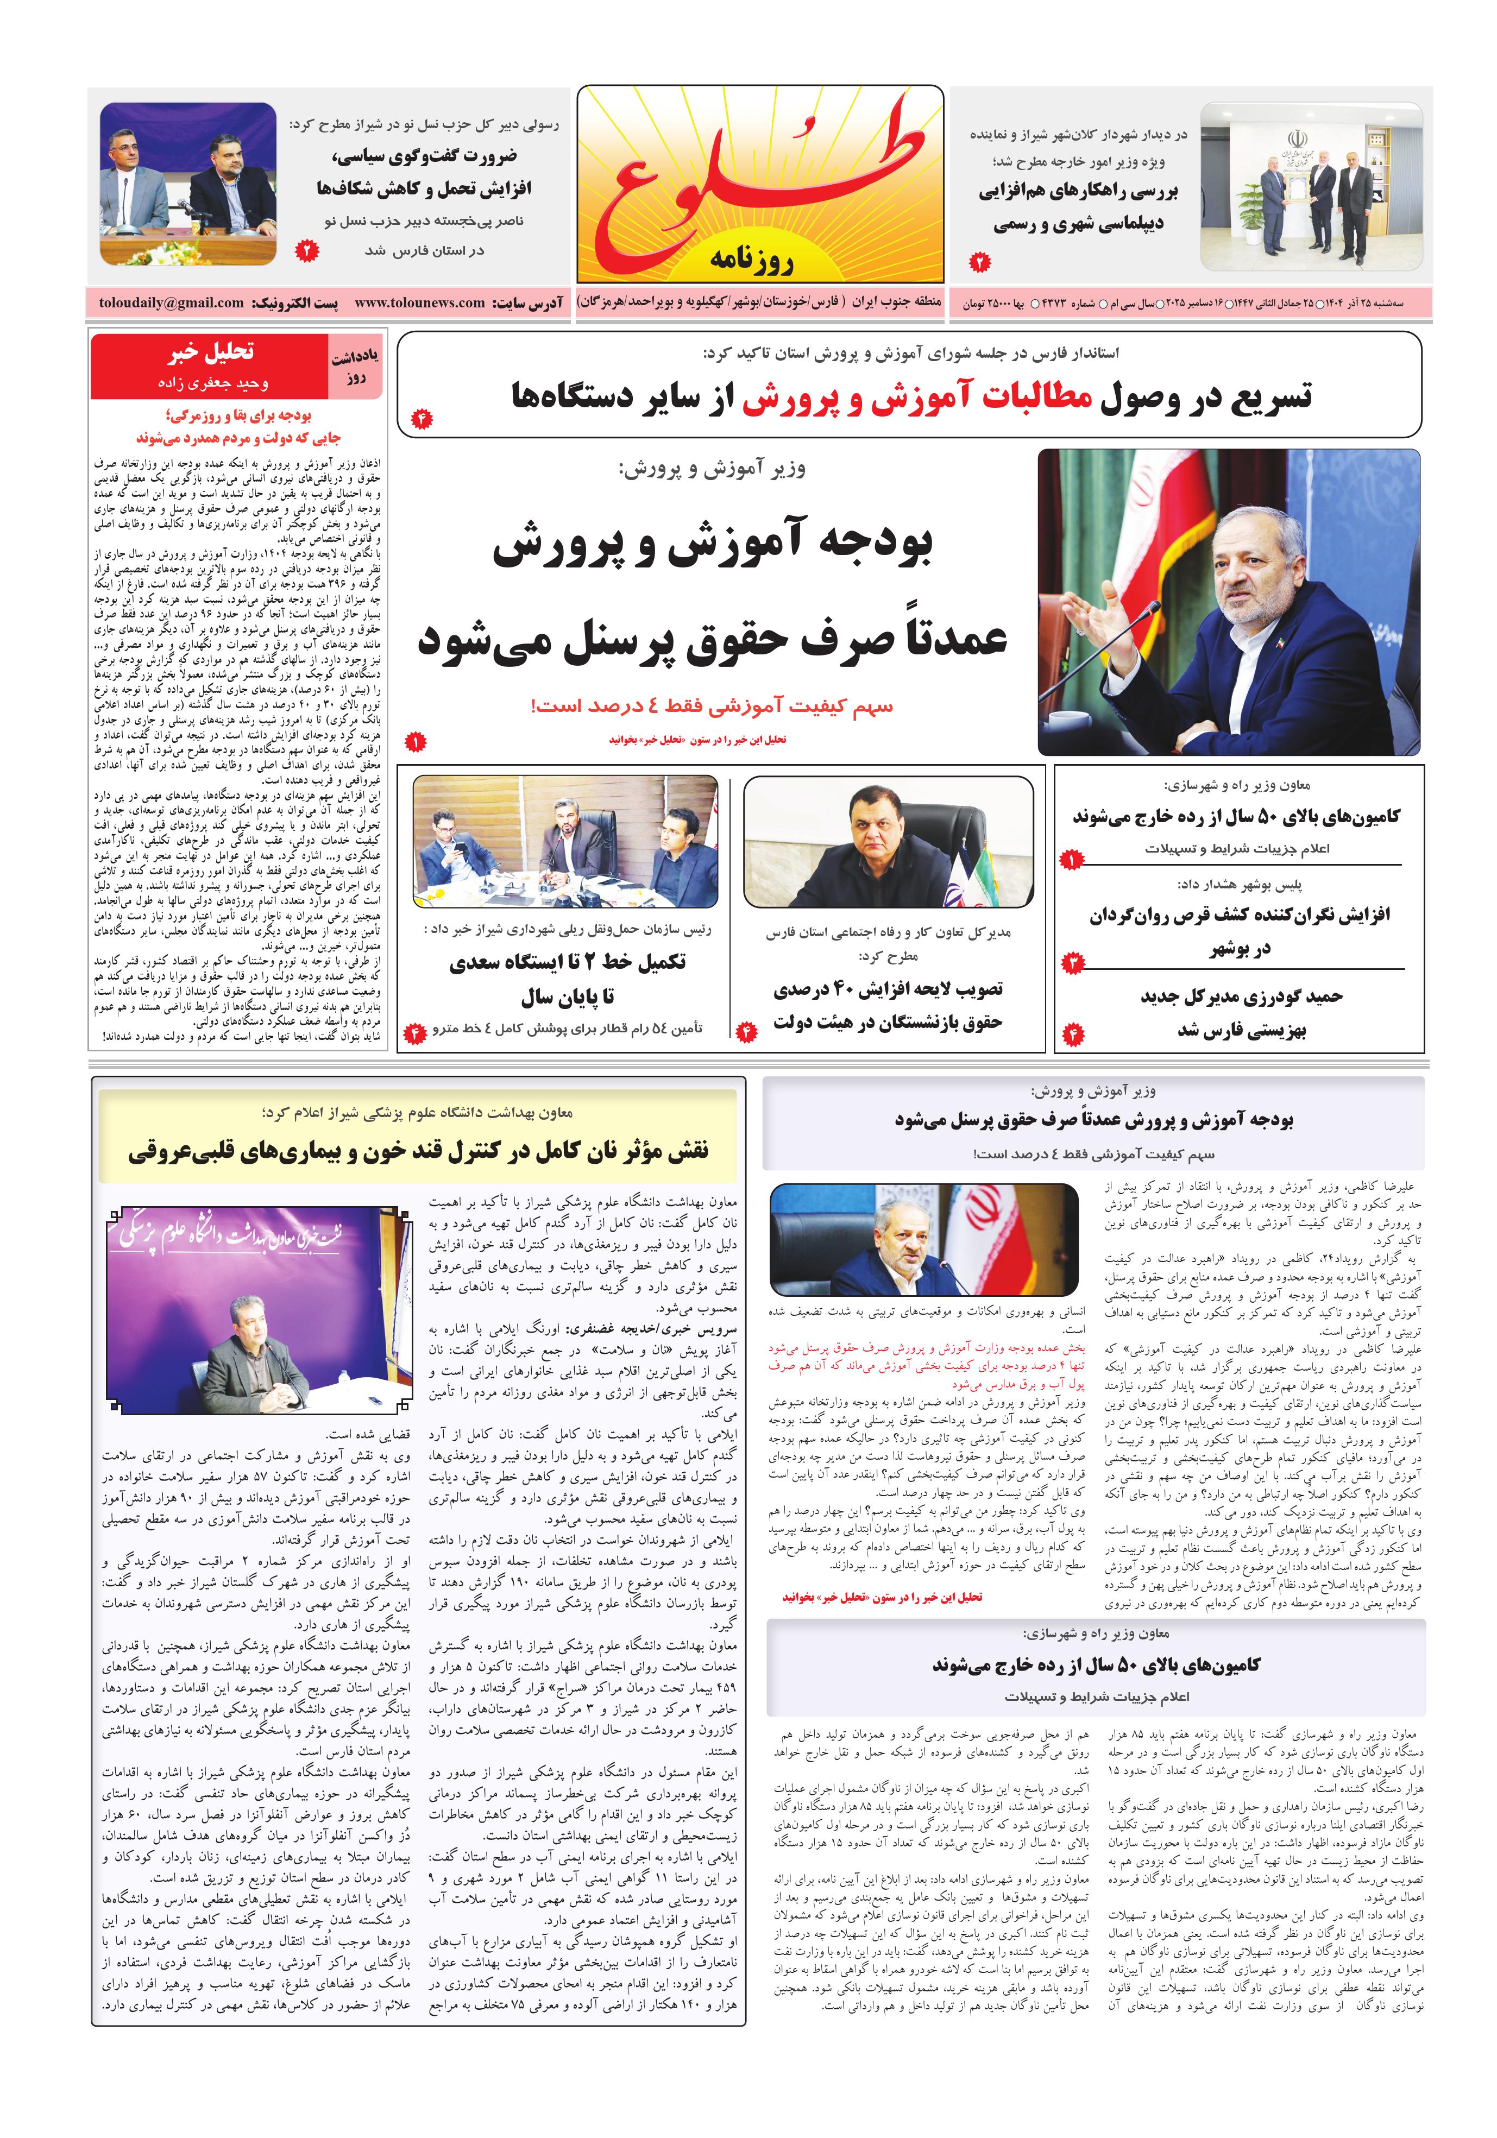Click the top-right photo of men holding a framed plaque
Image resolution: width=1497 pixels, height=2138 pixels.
tap(1311, 186)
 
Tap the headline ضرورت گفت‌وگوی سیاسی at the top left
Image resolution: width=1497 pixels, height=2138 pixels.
tap(424, 155)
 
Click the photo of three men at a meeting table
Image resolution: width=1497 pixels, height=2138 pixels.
tap(565, 841)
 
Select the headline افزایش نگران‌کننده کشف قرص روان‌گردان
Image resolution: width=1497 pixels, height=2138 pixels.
tap(1239, 916)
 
